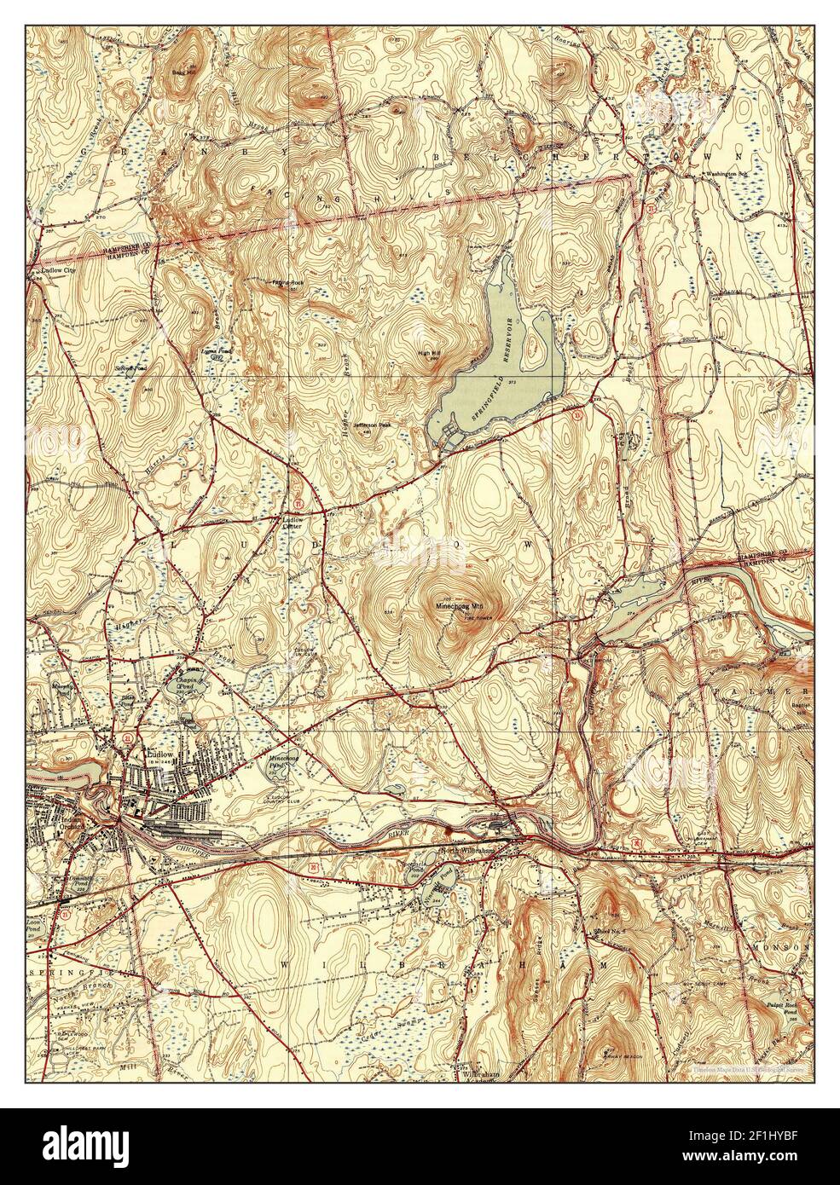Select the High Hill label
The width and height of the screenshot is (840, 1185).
[x=427, y=355]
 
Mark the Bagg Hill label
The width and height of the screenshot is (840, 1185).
[x=181, y=74]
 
